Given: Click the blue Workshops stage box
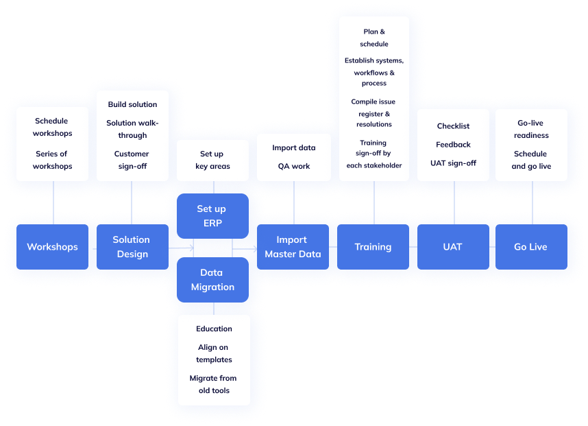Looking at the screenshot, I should pos(52,247).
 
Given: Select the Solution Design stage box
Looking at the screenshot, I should pos(131,247).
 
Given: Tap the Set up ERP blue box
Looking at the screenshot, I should pos(211,216).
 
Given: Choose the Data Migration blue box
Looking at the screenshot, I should pos(212,280).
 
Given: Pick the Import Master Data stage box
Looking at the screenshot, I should pos(292,247).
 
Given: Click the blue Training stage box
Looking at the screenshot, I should pos(373,247).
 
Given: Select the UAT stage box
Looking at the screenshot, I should pos(452,247).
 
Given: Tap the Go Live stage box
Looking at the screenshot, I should pos(530,247).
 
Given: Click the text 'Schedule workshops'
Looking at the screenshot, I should pos(52,127).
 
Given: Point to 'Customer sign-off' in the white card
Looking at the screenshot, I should pos(132,160).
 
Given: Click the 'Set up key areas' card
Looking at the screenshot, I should pos(212,161).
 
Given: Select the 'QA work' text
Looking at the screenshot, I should pos(294,166).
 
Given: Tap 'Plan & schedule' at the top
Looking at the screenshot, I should pos(373,38).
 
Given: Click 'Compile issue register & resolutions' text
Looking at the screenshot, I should pos(373,113).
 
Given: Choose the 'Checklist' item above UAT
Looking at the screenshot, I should pos(453,126).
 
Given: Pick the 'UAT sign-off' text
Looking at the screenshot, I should pos(453,163).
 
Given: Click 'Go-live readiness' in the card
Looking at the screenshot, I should pos(531,129).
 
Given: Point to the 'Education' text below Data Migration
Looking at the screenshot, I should pos(214,329).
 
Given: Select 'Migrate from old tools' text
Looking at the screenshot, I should pos(214,384).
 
